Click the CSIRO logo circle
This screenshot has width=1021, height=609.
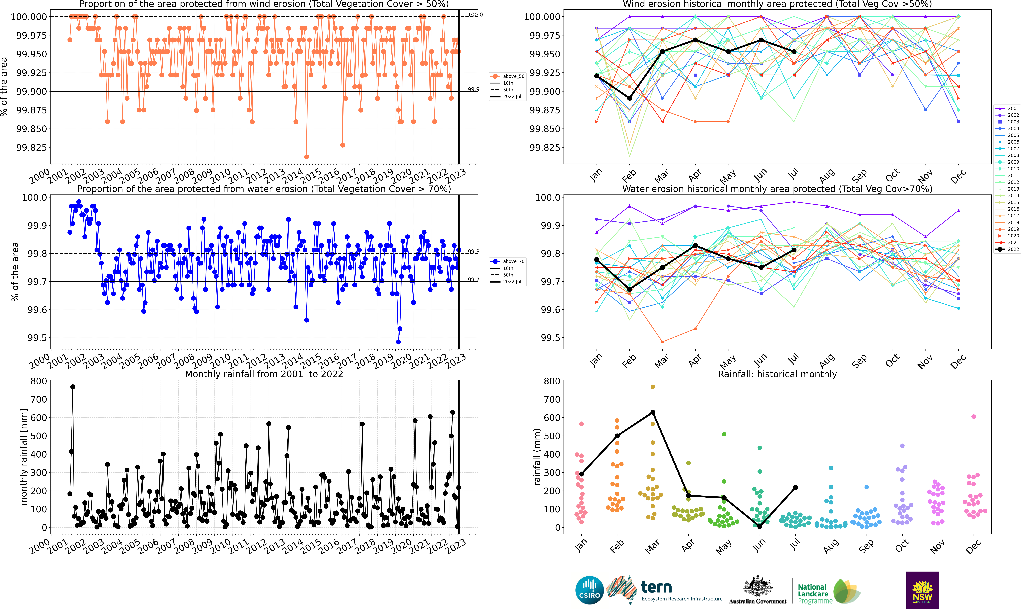(x=589, y=590)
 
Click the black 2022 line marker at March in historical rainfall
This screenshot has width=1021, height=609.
(x=653, y=412)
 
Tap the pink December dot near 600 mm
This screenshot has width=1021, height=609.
(x=973, y=417)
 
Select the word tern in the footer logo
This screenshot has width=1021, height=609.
(x=656, y=588)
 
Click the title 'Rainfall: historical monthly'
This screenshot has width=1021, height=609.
(x=777, y=374)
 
